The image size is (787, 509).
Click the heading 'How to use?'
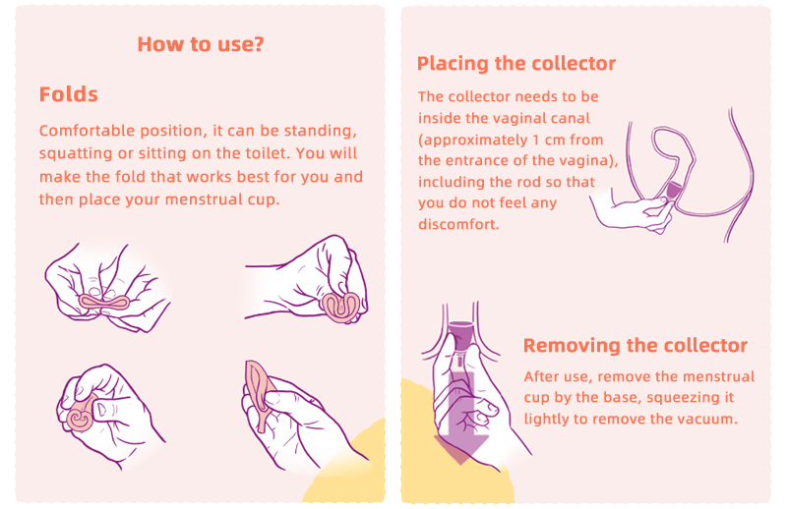[x=201, y=44]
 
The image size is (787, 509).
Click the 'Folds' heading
[x=68, y=94]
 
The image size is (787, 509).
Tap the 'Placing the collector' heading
[x=515, y=64]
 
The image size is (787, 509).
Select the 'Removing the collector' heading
[x=635, y=346]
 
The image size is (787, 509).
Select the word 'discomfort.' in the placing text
[x=458, y=224]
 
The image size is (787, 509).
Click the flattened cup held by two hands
[x=104, y=303]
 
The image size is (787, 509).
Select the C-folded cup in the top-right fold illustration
[x=340, y=306]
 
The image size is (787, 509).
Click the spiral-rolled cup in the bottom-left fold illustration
[x=81, y=416]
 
